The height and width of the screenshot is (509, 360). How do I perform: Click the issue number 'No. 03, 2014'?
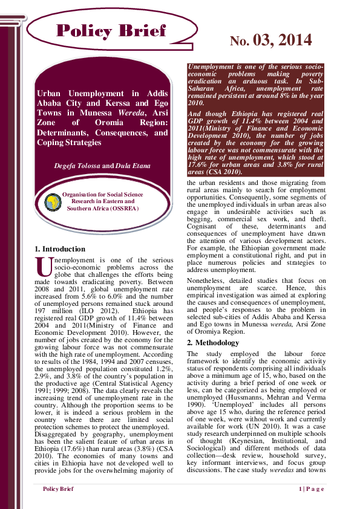(x=270, y=41)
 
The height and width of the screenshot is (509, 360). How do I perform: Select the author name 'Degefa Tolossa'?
(x=79, y=165)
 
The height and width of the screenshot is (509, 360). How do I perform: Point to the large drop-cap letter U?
(x=43, y=266)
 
